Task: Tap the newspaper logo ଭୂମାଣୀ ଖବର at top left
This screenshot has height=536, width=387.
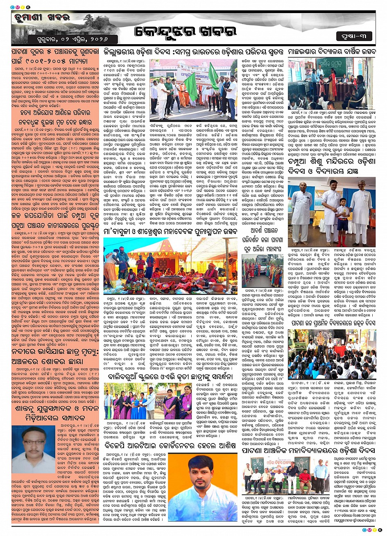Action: coord(35,18)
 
